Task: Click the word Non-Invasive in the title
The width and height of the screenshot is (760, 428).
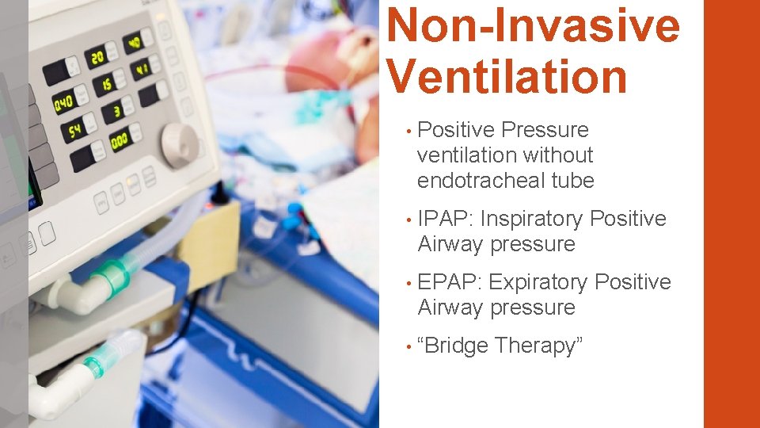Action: point(534,25)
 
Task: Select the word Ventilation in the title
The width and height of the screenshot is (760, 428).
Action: point(507,78)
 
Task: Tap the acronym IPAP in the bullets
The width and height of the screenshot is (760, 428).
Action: point(443,219)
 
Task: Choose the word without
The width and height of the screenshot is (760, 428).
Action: point(553,155)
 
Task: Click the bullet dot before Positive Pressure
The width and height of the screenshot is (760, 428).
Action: point(405,131)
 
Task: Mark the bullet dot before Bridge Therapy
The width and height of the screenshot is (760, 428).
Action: point(405,346)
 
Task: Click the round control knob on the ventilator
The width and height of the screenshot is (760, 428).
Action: point(180,144)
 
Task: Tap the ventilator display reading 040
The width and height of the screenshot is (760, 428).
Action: point(63,103)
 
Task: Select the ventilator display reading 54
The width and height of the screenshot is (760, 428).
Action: point(75,131)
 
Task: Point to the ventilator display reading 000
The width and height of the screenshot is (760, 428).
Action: point(120,140)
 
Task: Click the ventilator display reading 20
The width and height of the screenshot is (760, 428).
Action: point(97,58)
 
